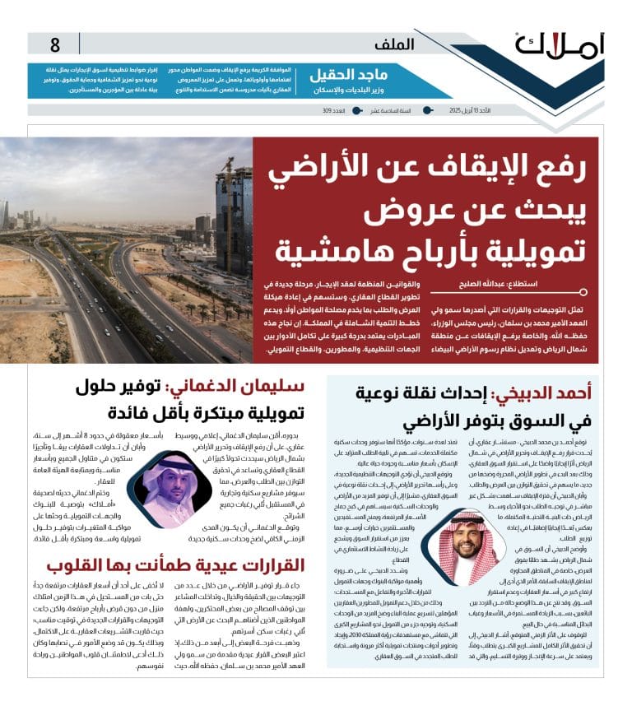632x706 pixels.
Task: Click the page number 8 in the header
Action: pos(55,44)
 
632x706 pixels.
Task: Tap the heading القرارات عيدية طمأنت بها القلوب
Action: pos(176,564)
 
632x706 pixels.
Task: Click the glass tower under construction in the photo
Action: pos(232,222)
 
